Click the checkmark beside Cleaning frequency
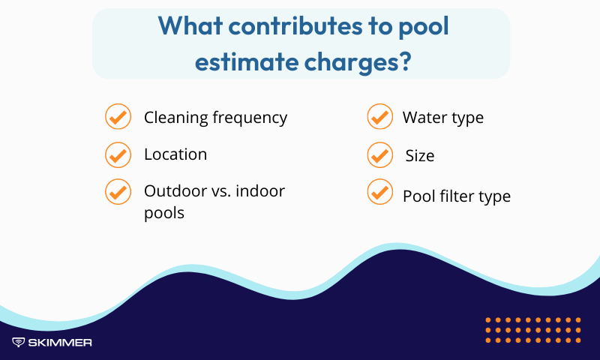pos(117,117)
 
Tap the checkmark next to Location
pos(117,154)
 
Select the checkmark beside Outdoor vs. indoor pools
pos(117,191)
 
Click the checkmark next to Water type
pos(379,117)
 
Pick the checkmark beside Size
pos(379,155)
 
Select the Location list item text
pos(175,154)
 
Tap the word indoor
pos(260,191)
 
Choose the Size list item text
pos(420,156)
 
